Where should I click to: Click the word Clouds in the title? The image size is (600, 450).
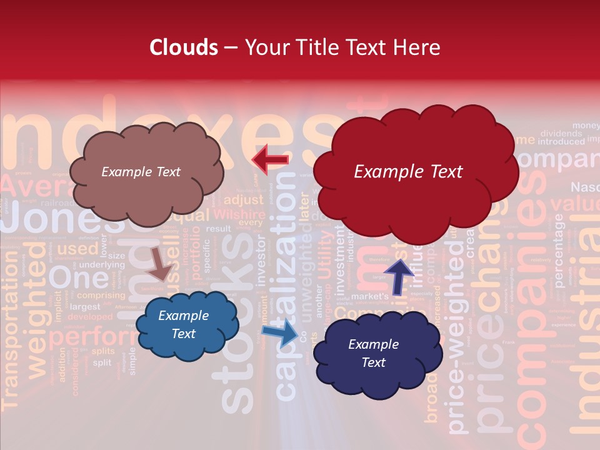coord(184,47)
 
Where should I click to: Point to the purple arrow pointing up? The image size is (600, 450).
coord(399,274)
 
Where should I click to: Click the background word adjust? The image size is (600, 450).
coord(244,200)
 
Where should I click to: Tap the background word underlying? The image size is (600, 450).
coord(102,265)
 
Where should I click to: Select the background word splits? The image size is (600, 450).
coord(103,351)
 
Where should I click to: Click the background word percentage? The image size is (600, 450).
coord(559,250)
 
